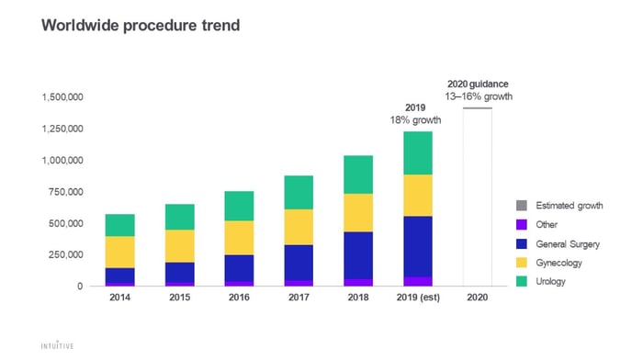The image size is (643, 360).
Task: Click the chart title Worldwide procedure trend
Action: coord(141,26)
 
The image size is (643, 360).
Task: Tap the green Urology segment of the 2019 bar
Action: coord(418,153)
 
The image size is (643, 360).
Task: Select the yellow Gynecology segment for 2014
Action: coord(119,253)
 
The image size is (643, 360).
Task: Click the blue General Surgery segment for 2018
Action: coord(358,255)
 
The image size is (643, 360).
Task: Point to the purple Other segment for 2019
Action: coord(418,281)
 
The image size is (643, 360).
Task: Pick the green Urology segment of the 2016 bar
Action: coord(239,207)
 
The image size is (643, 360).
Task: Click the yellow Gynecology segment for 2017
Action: coord(299,227)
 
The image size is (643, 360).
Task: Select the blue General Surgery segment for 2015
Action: coord(180,272)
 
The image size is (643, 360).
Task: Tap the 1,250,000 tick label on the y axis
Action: coord(62,129)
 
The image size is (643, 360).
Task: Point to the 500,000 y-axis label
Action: coord(65,223)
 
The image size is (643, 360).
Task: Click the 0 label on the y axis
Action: coord(80,287)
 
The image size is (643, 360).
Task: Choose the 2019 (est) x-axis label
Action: coord(418,298)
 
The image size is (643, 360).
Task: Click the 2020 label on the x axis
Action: coord(478,298)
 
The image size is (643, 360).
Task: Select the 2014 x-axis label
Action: coord(119,298)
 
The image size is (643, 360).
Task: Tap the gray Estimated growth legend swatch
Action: coord(522,206)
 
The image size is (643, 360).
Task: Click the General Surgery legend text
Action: coord(568,244)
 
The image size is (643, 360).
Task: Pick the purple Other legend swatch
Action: coord(522,225)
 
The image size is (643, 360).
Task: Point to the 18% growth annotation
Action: coord(415,120)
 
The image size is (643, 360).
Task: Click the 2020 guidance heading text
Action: coord(478,84)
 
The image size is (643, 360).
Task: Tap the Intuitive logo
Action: coord(57,345)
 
